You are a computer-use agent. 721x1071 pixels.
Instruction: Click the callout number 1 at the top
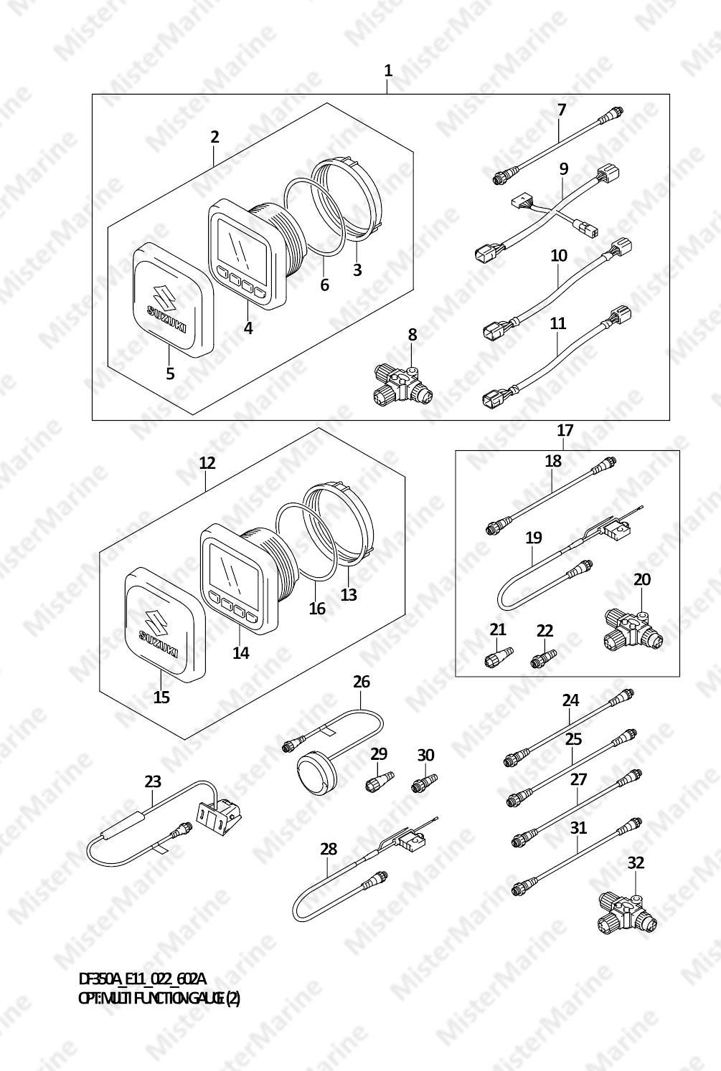click(x=388, y=71)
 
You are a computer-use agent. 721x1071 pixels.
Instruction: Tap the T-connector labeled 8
click(x=403, y=385)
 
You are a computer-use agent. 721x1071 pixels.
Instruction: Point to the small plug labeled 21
click(x=499, y=656)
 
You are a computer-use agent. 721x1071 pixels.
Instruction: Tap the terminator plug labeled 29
click(x=380, y=782)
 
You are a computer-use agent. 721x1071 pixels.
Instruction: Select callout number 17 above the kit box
click(x=565, y=430)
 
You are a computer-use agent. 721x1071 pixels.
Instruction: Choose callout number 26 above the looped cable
click(x=362, y=681)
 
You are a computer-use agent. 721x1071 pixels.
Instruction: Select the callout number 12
click(x=207, y=463)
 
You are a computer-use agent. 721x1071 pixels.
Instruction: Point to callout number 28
click(x=329, y=849)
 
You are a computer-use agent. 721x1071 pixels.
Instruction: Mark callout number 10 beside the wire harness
click(x=558, y=255)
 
